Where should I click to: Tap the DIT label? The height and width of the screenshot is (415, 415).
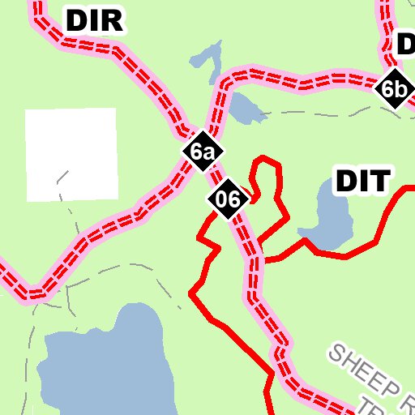363,182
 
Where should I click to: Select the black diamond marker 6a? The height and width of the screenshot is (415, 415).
202,152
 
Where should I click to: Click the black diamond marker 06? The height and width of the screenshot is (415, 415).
227,199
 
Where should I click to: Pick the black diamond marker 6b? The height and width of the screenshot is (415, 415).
393,89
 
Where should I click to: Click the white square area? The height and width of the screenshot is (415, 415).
71,154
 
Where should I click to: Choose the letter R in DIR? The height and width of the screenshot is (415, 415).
113,21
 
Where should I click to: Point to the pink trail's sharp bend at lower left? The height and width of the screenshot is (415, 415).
32,292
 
